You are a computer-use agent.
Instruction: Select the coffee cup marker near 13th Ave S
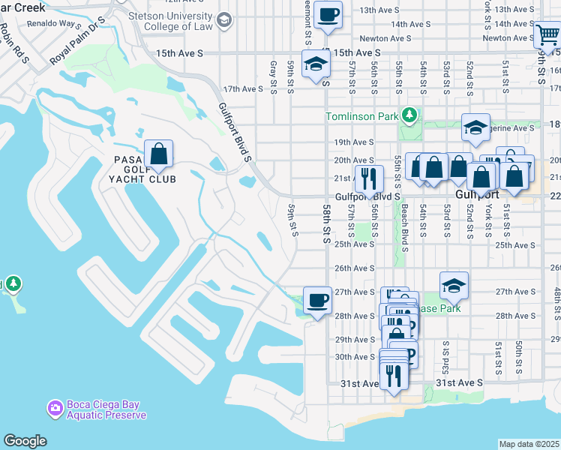coord(328,15)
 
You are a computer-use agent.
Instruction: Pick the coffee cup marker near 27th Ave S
coord(317,301)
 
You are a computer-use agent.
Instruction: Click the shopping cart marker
coord(546,36)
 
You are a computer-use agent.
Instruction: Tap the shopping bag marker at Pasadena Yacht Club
coord(159,154)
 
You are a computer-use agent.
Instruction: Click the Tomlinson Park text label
coord(362,116)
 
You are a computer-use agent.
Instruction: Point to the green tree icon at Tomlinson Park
coord(409,115)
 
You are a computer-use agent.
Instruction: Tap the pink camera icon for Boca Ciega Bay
coord(54,409)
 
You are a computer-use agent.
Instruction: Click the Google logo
coord(25,441)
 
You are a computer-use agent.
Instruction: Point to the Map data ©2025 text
coord(529,444)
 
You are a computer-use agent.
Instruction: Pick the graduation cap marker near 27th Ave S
coord(454,286)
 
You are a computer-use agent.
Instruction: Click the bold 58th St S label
coord(327,224)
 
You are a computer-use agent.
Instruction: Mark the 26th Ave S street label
coord(354,268)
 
